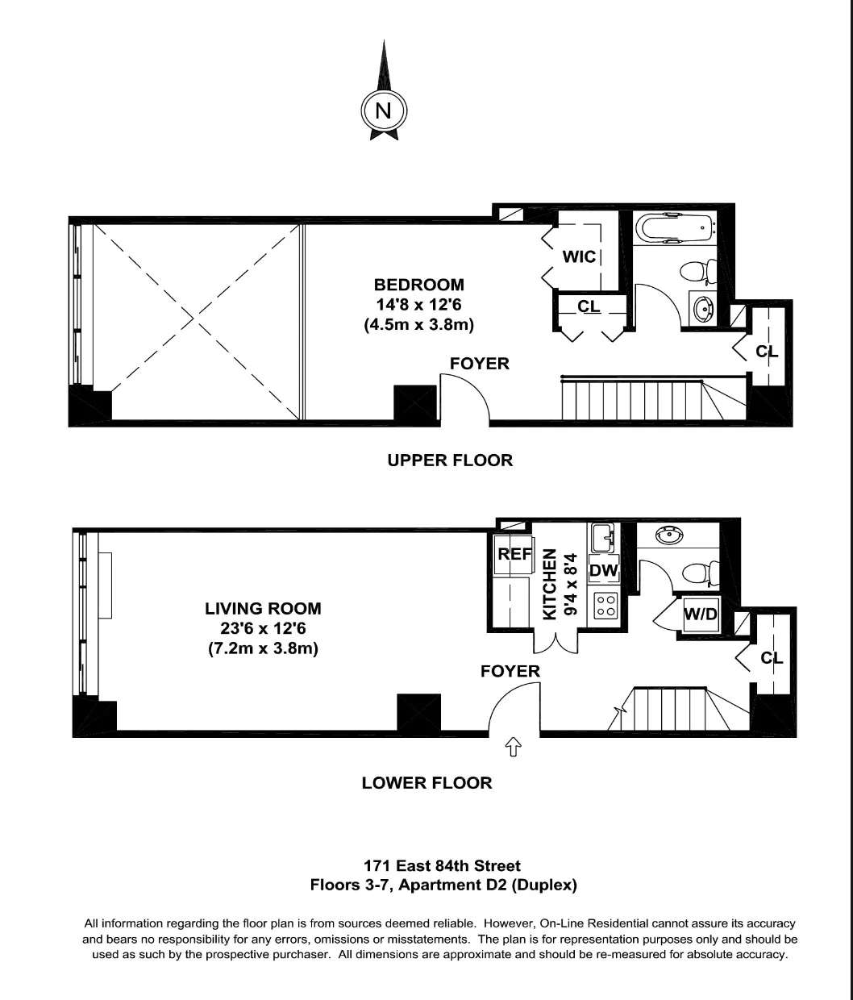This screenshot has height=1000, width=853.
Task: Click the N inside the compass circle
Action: click(383, 110)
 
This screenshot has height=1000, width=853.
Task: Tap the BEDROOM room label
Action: click(418, 285)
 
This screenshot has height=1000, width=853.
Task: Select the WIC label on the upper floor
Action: click(579, 256)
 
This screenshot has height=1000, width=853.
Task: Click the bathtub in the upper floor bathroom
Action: click(674, 228)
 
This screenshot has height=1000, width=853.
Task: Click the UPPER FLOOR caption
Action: click(450, 460)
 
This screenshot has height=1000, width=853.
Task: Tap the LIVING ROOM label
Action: click(263, 609)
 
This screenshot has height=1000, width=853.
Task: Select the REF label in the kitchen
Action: click(514, 554)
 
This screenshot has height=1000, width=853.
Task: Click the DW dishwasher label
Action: click(604, 571)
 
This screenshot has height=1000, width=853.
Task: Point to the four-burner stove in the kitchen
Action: click(605, 606)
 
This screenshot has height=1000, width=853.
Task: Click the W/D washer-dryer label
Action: click(700, 615)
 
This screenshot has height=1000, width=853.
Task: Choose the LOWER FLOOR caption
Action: click(426, 783)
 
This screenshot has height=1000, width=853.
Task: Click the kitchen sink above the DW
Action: click(602, 536)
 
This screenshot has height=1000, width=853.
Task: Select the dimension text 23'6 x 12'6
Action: click(263, 629)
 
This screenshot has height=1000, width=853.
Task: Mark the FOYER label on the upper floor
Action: click(480, 364)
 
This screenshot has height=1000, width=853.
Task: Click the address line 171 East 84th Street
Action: click(442, 866)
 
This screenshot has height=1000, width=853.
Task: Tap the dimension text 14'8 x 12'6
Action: click(418, 305)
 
